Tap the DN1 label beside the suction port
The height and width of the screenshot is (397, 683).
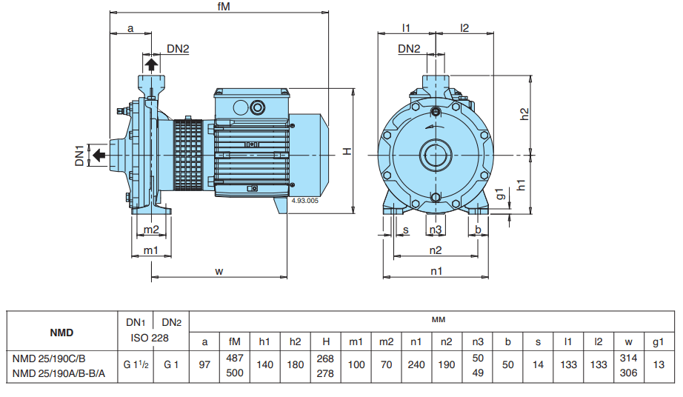point(80,155)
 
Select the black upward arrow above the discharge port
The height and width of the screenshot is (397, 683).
point(151,65)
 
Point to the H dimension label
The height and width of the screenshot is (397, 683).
point(347,150)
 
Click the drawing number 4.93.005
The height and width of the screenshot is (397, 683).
point(305,201)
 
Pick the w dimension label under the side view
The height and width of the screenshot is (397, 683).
point(219,271)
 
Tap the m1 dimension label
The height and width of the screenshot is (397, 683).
point(151,250)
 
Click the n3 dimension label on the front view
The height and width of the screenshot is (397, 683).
point(436,230)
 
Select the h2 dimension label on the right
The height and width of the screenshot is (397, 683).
point(524,115)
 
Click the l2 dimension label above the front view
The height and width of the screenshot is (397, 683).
point(464,28)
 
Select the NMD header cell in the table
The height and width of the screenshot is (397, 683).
point(61,333)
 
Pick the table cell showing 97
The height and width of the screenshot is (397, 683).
point(204,365)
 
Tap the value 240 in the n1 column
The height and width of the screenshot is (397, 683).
point(416,365)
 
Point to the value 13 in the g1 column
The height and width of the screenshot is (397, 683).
point(658,365)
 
